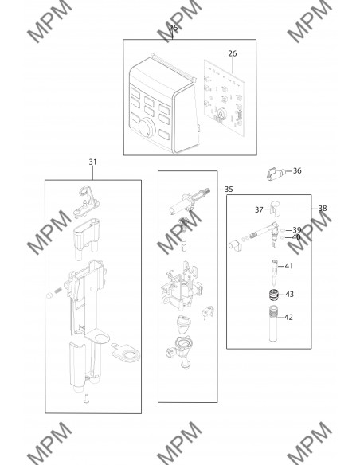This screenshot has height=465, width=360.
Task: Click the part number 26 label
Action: (233, 53)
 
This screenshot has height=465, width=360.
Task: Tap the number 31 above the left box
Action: (93, 162)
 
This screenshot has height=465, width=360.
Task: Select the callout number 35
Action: (229, 190)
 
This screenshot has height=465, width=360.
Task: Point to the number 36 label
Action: (297, 170)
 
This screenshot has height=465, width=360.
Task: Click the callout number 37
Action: (259, 209)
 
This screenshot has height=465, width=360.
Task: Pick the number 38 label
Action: (323, 209)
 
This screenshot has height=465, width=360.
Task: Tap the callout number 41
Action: (289, 266)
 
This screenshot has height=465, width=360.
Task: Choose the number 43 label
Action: (289, 294)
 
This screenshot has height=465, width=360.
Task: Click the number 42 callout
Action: (288, 318)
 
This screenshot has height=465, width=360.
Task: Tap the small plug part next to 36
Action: (276, 174)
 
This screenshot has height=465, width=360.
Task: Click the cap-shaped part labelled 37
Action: (276, 209)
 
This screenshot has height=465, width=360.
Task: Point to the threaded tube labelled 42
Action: (274, 323)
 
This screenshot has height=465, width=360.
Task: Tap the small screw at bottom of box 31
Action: (86, 398)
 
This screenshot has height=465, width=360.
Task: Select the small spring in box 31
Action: (59, 291)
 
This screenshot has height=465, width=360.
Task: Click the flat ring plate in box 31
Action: (126, 353)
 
